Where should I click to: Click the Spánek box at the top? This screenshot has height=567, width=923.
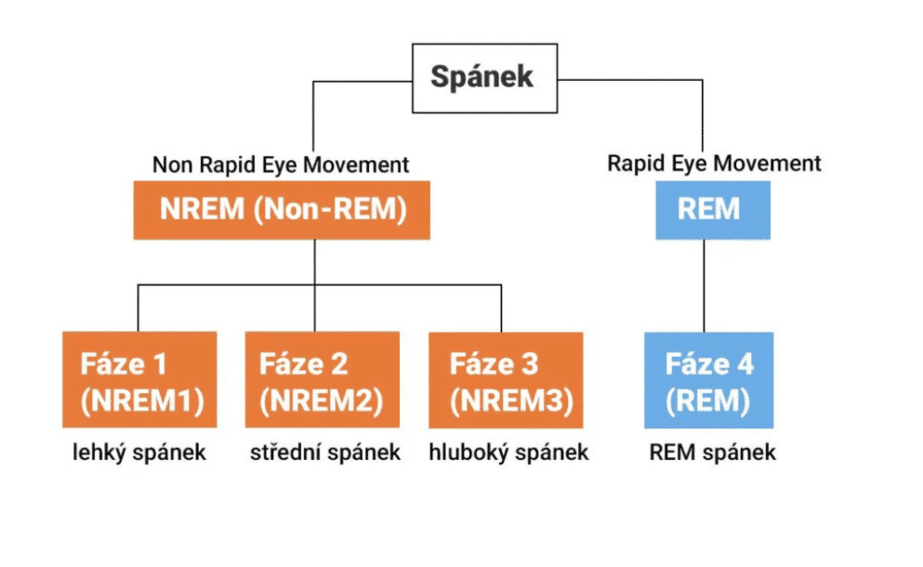[484, 78]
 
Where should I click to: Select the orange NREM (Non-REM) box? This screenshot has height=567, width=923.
[282, 210]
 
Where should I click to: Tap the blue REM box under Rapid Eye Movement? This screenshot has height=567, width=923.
[712, 210]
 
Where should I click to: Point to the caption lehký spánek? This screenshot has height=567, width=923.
[139, 454]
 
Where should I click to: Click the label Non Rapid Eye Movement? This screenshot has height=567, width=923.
[281, 165]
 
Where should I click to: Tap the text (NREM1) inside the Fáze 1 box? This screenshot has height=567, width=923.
[141, 400]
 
